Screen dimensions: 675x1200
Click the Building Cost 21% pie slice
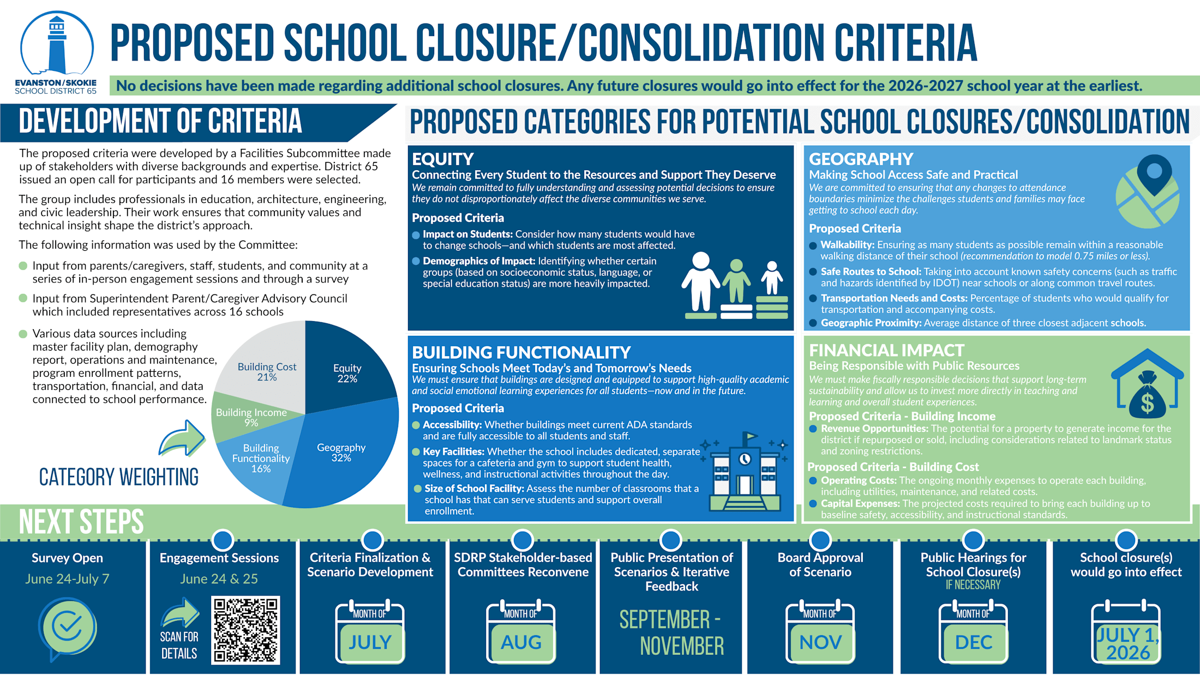(x=267, y=371)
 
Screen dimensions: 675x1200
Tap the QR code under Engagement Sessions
(x=245, y=630)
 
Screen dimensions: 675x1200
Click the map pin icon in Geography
(x=1153, y=174)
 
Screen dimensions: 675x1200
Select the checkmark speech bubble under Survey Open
(x=67, y=627)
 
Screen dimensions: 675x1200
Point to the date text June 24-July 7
(x=67, y=578)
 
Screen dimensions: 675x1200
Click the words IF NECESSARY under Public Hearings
(x=973, y=585)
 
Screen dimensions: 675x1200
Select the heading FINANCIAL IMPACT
(x=886, y=350)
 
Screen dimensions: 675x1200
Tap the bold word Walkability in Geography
(x=847, y=245)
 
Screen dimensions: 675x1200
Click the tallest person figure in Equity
(x=701, y=284)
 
